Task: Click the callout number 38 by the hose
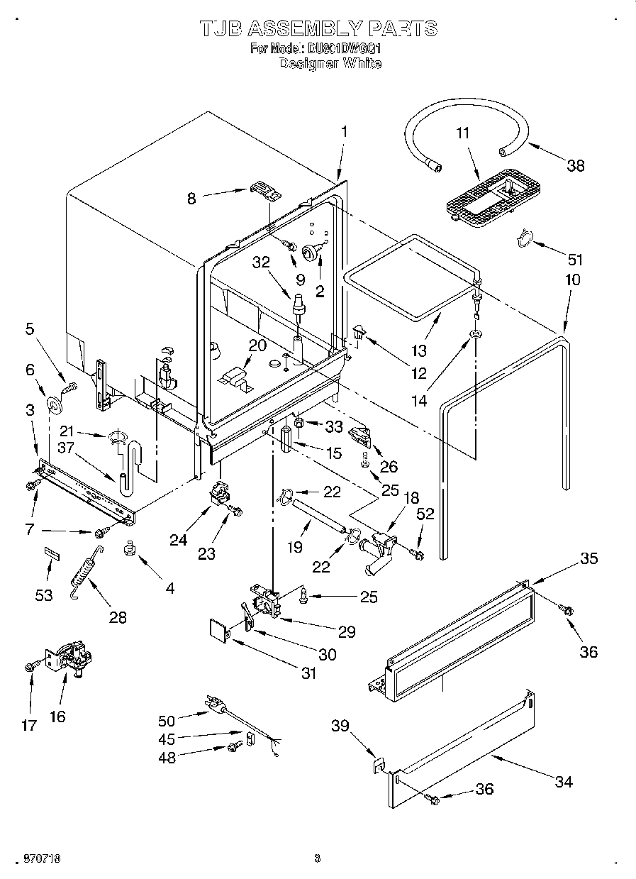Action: [575, 165]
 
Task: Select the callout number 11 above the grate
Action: [462, 133]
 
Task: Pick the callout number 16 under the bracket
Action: [57, 717]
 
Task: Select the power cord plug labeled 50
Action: [214, 704]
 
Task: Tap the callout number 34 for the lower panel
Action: [564, 782]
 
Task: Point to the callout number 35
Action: [588, 558]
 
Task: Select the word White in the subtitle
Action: [362, 63]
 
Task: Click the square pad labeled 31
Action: [221, 629]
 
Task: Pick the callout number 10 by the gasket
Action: [572, 280]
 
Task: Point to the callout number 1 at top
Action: [344, 131]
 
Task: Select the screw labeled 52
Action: [419, 553]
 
